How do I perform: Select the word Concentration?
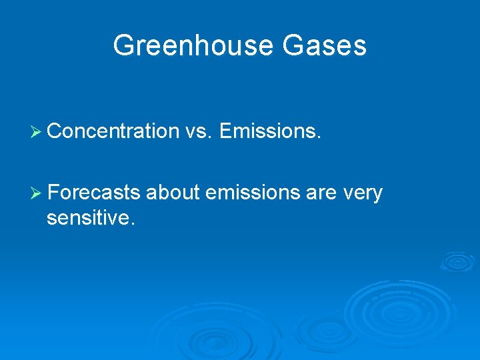[113, 131]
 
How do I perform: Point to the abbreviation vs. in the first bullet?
[198, 131]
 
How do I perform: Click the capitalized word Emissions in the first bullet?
[270, 131]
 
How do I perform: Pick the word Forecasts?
[94, 193]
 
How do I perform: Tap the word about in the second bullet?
[173, 193]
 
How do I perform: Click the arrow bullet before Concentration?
[37, 132]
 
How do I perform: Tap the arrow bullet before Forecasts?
[37, 193]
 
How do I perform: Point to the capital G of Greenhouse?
[123, 46]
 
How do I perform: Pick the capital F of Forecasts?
[53, 193]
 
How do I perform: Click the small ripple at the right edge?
[457, 261]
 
